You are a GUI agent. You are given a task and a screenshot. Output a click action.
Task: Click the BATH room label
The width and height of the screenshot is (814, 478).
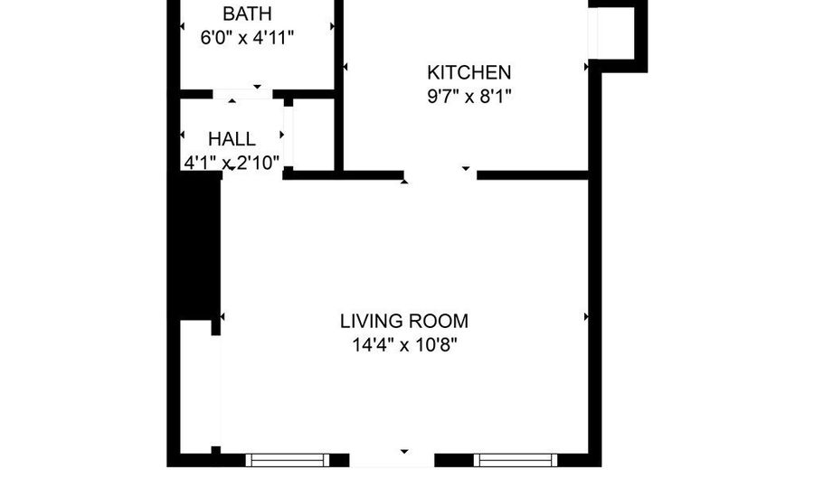click(x=247, y=14)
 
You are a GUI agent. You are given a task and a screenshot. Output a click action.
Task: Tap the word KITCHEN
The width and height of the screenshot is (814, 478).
click(x=469, y=72)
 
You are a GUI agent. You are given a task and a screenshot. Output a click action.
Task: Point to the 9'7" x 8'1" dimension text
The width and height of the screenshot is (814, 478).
click(x=469, y=96)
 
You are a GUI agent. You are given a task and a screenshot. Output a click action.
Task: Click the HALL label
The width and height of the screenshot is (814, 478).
click(x=232, y=139)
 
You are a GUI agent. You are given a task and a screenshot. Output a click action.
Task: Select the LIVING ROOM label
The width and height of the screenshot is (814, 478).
click(x=404, y=321)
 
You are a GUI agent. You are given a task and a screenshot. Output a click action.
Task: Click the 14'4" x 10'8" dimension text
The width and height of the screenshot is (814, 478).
click(x=404, y=344)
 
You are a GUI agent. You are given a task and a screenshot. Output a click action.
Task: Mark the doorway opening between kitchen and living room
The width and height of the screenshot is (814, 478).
click(x=440, y=174)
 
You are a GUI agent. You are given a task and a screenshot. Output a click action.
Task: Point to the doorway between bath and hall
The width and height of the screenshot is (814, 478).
click(x=242, y=93)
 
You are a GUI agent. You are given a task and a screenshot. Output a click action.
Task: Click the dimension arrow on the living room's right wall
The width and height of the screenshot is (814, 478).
click(x=586, y=317)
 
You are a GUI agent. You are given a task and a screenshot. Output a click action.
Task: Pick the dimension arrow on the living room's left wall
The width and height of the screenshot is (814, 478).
click(x=222, y=317)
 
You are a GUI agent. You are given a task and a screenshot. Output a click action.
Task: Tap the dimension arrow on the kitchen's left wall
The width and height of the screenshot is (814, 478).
click(x=345, y=67)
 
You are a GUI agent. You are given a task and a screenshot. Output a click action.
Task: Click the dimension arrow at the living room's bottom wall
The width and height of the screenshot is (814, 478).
click(x=404, y=450)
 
